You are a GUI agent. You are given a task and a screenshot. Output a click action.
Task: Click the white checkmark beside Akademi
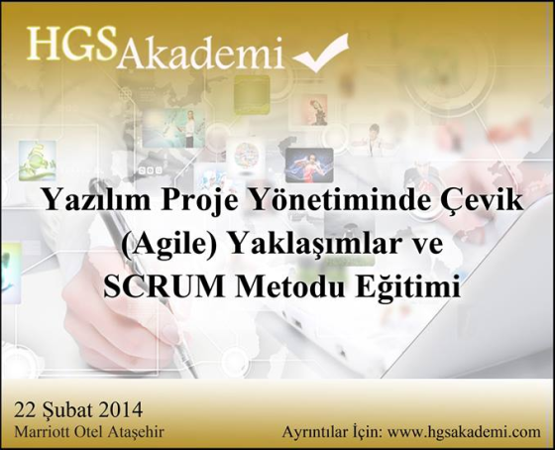(x=321, y=54)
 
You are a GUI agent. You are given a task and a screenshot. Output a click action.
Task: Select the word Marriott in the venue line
(x=41, y=432)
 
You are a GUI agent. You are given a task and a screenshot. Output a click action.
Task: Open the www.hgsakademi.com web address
(x=465, y=432)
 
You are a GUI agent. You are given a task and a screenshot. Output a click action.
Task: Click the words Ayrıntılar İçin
(x=332, y=431)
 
